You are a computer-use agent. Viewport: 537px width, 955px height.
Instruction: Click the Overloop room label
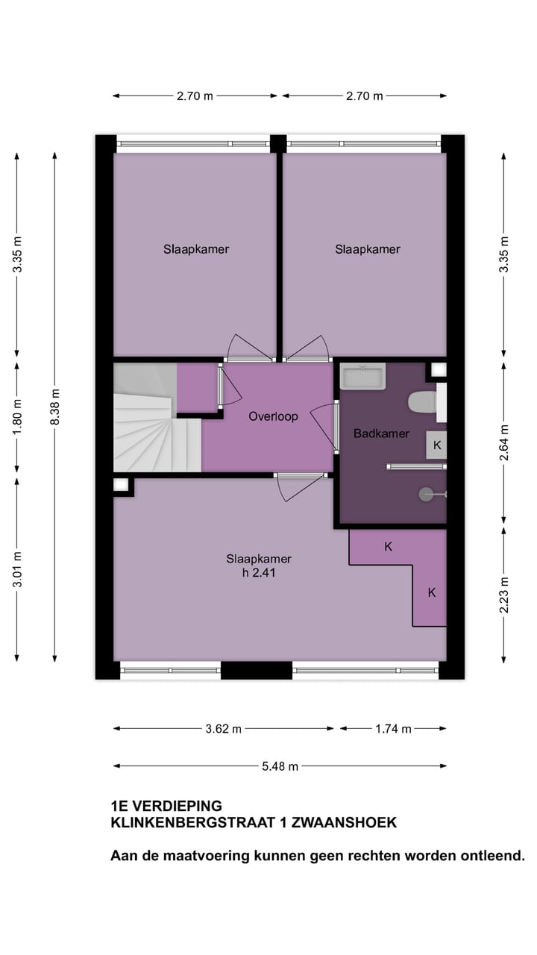click(273, 416)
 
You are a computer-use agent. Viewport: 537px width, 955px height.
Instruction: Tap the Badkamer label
click(381, 433)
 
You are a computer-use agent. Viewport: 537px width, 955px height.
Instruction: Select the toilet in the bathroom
click(423, 402)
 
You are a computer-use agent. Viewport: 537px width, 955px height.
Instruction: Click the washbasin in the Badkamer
click(362, 375)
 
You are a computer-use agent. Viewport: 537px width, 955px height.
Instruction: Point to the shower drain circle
click(426, 494)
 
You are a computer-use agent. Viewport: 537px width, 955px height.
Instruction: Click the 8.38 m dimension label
click(54, 407)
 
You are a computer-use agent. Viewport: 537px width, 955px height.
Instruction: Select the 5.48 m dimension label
click(280, 766)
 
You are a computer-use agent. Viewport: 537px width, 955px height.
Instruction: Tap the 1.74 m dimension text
click(393, 729)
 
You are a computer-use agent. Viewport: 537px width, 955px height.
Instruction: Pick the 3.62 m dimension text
click(223, 729)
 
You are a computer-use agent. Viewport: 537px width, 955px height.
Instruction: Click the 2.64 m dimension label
click(504, 442)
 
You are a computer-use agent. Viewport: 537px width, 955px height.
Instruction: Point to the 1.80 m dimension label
click(17, 417)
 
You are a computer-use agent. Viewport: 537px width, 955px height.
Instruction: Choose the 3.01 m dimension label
click(17, 569)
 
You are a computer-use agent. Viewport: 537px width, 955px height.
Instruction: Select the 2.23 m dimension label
click(504, 595)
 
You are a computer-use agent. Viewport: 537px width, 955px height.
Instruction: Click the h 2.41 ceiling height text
click(259, 572)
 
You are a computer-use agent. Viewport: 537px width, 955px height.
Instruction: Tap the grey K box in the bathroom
click(437, 445)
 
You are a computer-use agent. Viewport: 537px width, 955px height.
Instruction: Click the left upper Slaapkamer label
click(196, 249)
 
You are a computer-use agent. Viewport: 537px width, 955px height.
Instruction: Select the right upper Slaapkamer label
click(368, 249)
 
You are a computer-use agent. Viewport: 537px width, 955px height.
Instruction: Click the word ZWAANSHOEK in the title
click(344, 822)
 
